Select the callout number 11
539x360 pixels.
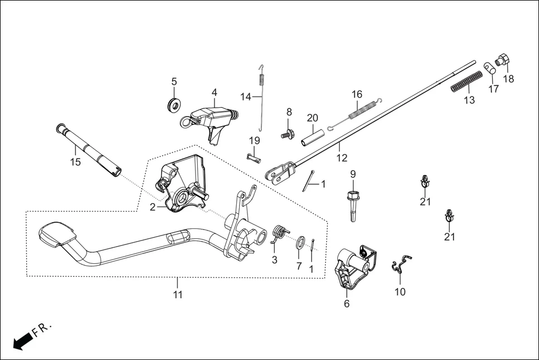point(178,294)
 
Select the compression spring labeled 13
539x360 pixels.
point(466,81)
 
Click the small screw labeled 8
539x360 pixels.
point(288,134)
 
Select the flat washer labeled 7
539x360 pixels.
point(300,242)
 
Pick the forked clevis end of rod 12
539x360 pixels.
point(280,172)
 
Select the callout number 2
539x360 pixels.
point(152,207)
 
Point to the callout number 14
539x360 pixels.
point(246,97)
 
